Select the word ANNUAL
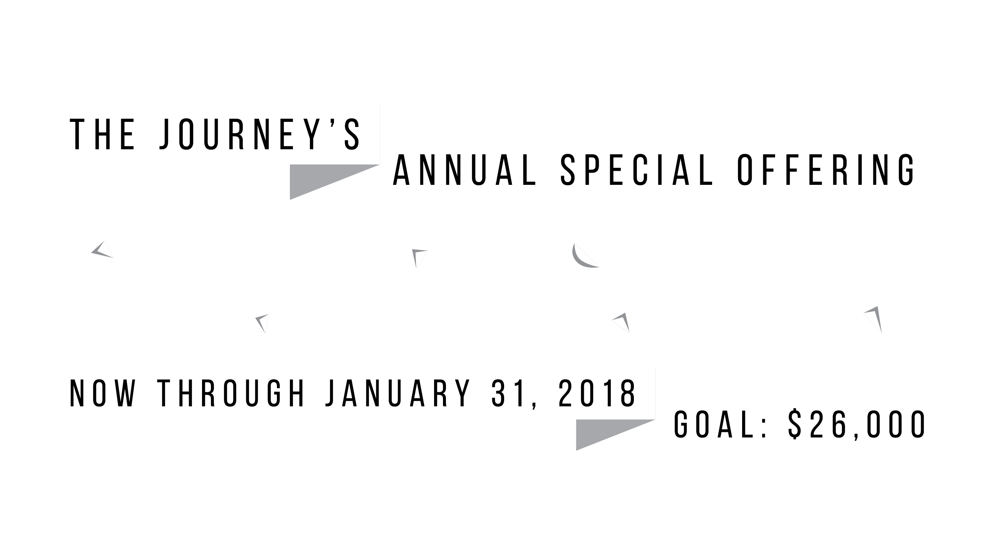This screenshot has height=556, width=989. (464, 170)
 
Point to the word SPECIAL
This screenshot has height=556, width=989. (637, 170)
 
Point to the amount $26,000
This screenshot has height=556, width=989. (857, 425)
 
